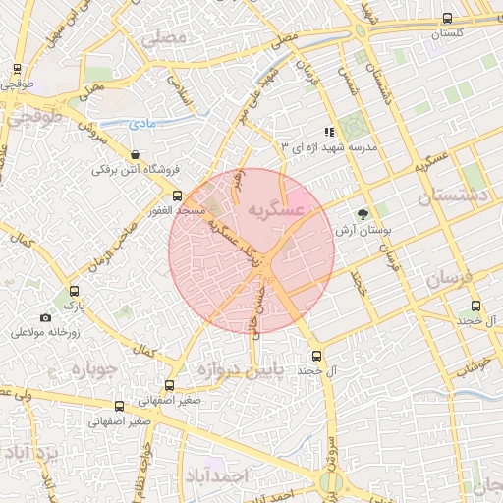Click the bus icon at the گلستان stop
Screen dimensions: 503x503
pyautogui.click(x=448, y=18)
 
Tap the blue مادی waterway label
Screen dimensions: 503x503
pyautogui.click(x=143, y=123)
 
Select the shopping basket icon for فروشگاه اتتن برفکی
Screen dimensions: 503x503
pyautogui.click(x=135, y=154)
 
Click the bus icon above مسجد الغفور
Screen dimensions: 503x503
pyautogui.click(x=178, y=196)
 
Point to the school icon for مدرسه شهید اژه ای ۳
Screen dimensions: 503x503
pyautogui.click(x=329, y=131)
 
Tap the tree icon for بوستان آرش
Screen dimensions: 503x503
pyautogui.click(x=363, y=213)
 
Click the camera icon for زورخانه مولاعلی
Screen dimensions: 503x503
pyautogui.click(x=45, y=317)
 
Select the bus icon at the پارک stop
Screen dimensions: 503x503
pyautogui.click(x=74, y=292)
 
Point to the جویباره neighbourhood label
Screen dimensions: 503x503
pyautogui.click(x=93, y=372)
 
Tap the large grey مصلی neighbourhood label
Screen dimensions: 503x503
pyautogui.click(x=163, y=39)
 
